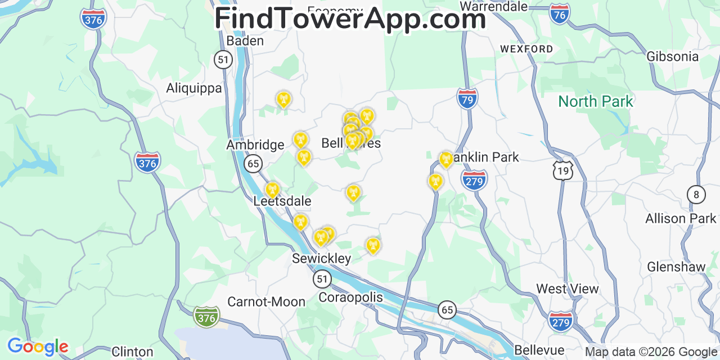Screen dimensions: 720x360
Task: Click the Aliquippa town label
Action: click(x=194, y=88)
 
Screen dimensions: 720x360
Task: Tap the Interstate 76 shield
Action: click(x=560, y=15)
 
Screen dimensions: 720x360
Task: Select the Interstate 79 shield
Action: click(x=467, y=99)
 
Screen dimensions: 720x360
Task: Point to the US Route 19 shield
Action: click(x=562, y=170)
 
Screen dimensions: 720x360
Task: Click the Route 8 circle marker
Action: click(x=696, y=195)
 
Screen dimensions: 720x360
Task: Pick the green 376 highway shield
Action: click(x=206, y=317)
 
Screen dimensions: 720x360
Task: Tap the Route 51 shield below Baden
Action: click(x=223, y=60)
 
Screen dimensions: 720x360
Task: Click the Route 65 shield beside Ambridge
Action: click(x=253, y=164)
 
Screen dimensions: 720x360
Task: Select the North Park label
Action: click(x=596, y=102)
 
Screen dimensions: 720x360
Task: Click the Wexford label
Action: click(x=526, y=49)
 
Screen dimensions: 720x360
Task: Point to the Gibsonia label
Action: click(x=672, y=57)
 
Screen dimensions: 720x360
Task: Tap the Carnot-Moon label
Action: click(x=266, y=302)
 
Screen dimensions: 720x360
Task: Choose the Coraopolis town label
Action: click(x=350, y=297)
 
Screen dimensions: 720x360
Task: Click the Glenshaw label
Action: click(x=676, y=267)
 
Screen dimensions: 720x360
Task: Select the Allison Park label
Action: click(x=681, y=218)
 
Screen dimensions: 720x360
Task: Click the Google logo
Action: click(x=38, y=346)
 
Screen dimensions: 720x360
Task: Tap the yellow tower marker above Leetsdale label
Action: click(x=272, y=190)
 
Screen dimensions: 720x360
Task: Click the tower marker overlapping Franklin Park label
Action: click(x=445, y=159)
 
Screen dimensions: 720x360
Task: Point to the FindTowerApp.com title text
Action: click(x=350, y=19)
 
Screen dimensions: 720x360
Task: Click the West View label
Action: click(x=567, y=289)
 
